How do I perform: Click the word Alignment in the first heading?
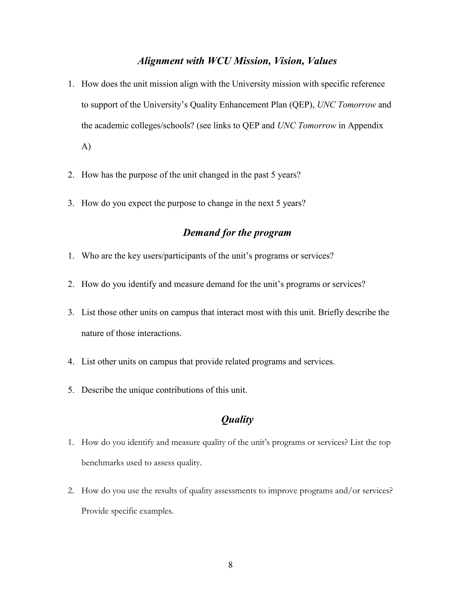click(x=160, y=61)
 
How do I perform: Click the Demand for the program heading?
click(x=237, y=233)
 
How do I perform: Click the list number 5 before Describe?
click(x=71, y=390)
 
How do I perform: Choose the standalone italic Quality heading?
click(x=237, y=419)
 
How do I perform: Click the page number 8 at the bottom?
click(x=230, y=565)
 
